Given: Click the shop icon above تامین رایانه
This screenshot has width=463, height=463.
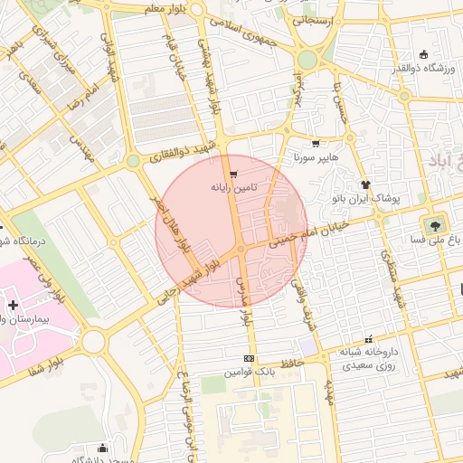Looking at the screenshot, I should (234, 174).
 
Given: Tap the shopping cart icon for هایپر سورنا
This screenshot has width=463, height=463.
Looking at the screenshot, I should (315, 143).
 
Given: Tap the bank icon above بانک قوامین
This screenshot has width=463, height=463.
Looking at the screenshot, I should (249, 358).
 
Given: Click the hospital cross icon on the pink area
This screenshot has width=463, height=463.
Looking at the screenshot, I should (12, 306).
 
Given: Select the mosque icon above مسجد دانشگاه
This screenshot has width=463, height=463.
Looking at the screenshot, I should (102, 449).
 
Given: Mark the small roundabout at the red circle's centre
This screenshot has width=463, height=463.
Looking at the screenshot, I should (241, 250).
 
